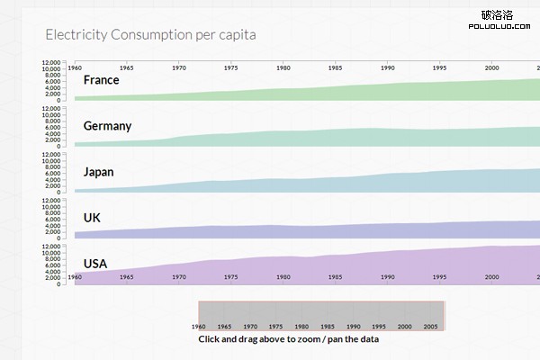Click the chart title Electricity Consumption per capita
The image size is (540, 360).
150,35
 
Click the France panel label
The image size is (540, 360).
102,80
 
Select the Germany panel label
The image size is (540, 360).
107,126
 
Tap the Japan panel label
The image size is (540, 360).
99,172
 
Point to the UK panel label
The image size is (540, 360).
92,218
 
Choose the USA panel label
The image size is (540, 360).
95,264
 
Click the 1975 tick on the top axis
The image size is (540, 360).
231,67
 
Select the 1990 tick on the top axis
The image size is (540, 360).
388,67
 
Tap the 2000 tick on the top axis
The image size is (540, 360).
491,67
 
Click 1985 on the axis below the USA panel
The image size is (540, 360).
335,278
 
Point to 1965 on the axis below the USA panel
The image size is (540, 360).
127,278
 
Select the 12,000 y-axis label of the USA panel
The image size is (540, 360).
52,246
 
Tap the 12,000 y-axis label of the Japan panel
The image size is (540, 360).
52,155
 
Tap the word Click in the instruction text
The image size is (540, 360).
210,339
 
